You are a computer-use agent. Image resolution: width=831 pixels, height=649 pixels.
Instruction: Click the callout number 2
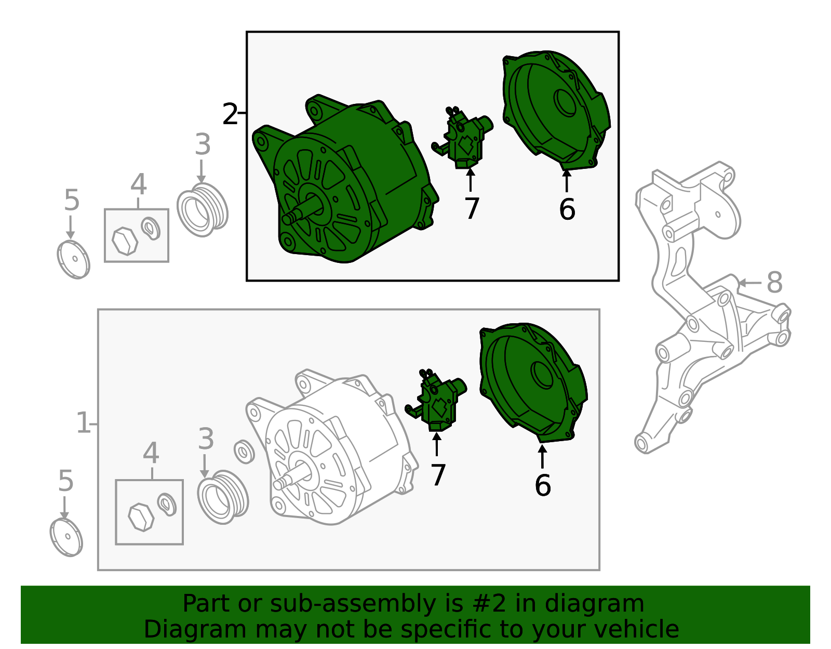[x=230, y=114]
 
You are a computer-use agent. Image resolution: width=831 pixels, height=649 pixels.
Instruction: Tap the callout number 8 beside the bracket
[x=774, y=283]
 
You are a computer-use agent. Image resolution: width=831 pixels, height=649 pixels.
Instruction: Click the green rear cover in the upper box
[x=556, y=110]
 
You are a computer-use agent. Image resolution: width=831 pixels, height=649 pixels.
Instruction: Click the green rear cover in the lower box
[x=533, y=383]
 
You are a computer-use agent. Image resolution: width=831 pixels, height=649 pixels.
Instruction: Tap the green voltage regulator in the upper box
[x=463, y=138]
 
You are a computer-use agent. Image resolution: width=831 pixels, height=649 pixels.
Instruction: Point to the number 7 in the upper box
[x=472, y=208]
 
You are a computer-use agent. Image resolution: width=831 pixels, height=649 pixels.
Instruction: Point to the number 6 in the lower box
[x=543, y=485]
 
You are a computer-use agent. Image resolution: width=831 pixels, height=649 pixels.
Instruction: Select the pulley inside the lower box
[x=223, y=497]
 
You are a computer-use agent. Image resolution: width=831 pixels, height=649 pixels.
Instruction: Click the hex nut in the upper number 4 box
[x=125, y=241]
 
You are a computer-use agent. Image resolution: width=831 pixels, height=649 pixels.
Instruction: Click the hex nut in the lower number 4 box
[x=141, y=517]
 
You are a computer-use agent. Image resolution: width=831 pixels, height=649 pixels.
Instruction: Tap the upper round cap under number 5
[x=73, y=260]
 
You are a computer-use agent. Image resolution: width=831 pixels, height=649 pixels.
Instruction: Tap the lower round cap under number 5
[x=66, y=537]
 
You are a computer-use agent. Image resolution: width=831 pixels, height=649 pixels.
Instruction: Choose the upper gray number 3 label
[x=203, y=144]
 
